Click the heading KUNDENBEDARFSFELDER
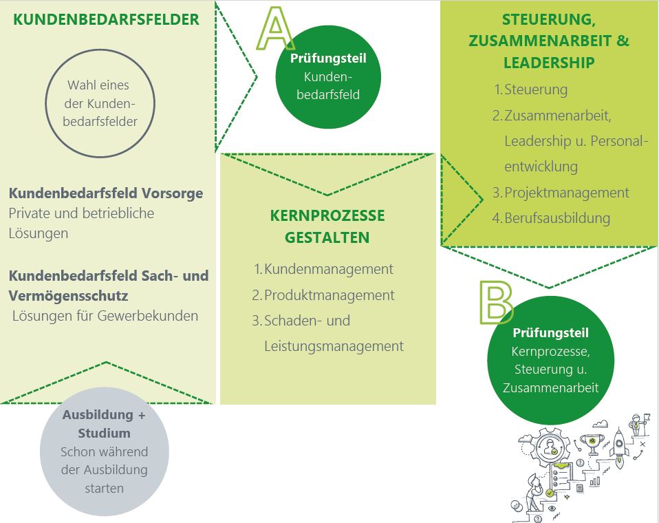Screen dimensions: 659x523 pyautogui.click(x=107, y=19)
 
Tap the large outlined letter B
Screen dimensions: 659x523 pyautogui.click(x=496, y=302)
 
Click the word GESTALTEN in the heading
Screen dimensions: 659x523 pyautogui.click(x=327, y=237)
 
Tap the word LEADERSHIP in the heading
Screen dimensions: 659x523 pyautogui.click(x=549, y=63)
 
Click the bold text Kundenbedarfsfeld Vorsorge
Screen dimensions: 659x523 pyautogui.click(x=106, y=193)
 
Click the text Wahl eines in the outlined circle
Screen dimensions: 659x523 pyautogui.click(x=98, y=85)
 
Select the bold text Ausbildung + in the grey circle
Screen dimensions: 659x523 pyautogui.click(x=104, y=415)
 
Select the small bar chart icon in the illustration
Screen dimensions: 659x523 pyautogui.click(x=594, y=481)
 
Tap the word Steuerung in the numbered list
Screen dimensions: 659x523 pyautogui.click(x=536, y=89)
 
